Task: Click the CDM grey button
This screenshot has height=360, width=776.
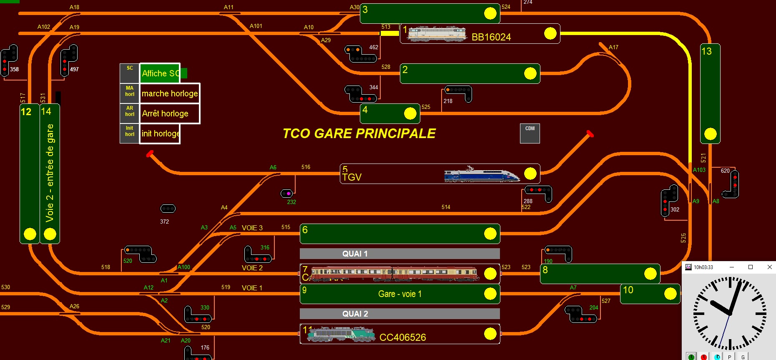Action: (530, 133)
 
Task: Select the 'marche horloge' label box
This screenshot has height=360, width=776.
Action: (170, 93)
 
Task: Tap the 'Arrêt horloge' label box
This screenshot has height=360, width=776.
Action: (170, 113)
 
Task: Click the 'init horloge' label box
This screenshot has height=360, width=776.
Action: (160, 133)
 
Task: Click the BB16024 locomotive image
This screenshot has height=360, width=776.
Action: (437, 34)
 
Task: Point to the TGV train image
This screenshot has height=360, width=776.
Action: (482, 174)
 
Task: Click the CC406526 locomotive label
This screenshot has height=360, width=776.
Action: (402, 337)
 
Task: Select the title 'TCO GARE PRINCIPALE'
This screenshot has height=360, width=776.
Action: (359, 133)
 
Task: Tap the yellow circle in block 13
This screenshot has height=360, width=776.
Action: (710, 134)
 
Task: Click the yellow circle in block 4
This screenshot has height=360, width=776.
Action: (410, 113)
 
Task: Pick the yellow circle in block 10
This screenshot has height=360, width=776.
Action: (670, 294)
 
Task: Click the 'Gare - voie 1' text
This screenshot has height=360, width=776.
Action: (399, 294)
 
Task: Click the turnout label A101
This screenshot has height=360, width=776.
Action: (256, 26)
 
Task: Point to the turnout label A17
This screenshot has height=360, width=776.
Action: (613, 47)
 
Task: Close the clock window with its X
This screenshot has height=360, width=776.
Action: (769, 267)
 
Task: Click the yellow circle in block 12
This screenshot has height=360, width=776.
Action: (30, 234)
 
